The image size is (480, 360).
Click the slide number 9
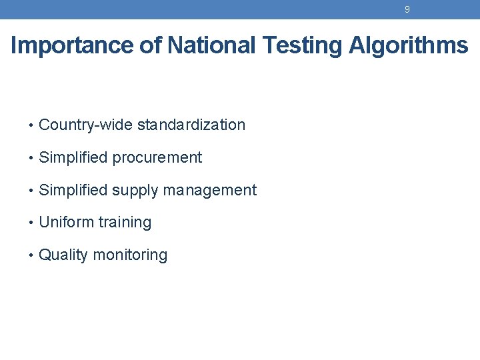click(x=407, y=9)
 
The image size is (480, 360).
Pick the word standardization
click(x=191, y=125)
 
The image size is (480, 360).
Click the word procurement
click(x=157, y=157)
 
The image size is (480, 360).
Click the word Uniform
click(x=66, y=222)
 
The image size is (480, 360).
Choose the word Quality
click(x=63, y=255)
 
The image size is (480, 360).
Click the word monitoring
click(x=130, y=255)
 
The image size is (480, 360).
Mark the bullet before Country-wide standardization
click(x=31, y=125)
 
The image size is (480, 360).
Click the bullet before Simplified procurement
click(x=31, y=157)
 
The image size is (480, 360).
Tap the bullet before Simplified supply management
click(x=31, y=190)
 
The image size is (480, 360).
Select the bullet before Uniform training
click(x=31, y=223)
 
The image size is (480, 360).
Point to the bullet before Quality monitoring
click(x=31, y=255)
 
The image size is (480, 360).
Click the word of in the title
click(x=150, y=45)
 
